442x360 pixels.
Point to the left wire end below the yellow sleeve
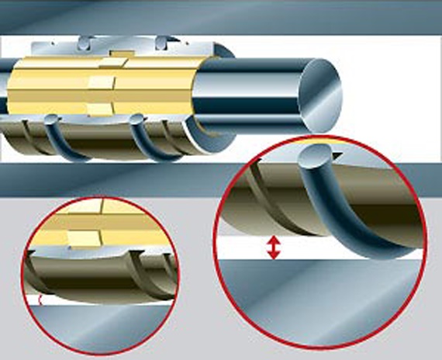click(50, 119)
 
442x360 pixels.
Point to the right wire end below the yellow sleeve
click(137, 120)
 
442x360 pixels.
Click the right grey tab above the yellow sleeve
click(160, 43)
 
